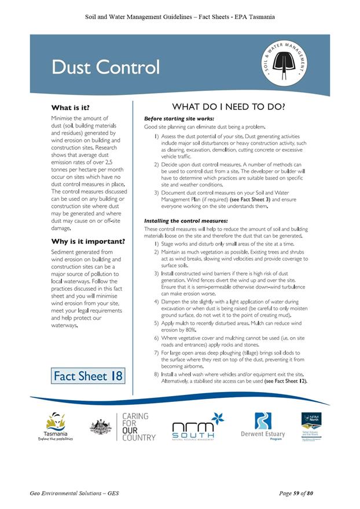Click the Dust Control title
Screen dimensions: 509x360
pos(105,67)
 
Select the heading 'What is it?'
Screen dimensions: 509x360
pos(71,108)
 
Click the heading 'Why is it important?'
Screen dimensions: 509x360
pos(88,241)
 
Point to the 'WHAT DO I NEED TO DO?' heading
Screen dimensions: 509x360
pos(228,107)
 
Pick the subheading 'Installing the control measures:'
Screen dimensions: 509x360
pos(186,221)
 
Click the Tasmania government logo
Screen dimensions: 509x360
pos(56,427)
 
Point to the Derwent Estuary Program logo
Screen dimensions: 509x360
pos(263,427)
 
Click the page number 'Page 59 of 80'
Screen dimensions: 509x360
pos(296,493)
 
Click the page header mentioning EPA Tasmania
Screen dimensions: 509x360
pos(179,17)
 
